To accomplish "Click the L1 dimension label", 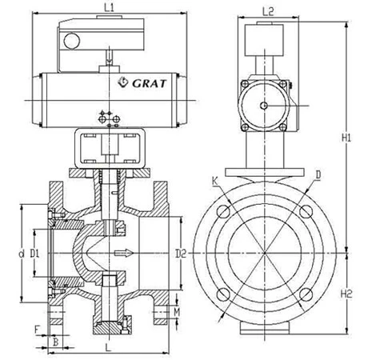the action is point(109,7).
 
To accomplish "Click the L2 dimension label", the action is point(268,11).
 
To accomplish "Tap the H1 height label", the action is point(346,138).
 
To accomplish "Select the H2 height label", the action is point(346,294).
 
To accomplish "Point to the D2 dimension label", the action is point(181,254).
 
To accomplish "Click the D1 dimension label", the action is point(34,254).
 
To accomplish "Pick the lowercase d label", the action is point(22,254).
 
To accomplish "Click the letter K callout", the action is point(215,182).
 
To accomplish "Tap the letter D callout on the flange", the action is point(318,175).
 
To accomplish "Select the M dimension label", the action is point(177,312).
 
